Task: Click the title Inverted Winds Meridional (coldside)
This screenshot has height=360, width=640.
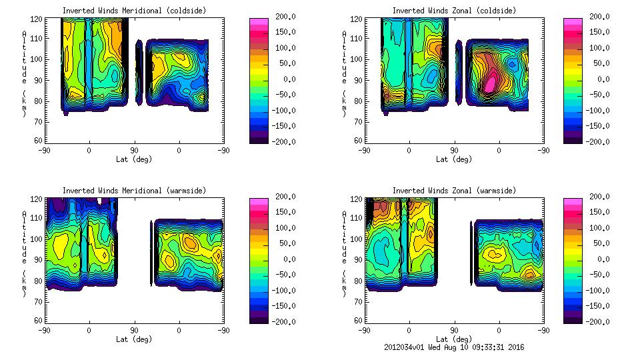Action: pyautogui.click(x=134, y=11)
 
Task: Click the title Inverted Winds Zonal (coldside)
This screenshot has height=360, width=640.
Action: pyautogui.click(x=454, y=11)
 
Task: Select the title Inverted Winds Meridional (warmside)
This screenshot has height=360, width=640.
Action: pyautogui.click(x=134, y=191)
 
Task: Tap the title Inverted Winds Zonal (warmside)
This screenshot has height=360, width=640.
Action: pyautogui.click(x=454, y=191)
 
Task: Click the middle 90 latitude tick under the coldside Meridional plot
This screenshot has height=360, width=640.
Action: pyautogui.click(x=134, y=151)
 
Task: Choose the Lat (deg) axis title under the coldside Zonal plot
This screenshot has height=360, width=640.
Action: pyautogui.click(x=454, y=159)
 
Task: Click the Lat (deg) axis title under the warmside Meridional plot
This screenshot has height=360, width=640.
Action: pyautogui.click(x=134, y=339)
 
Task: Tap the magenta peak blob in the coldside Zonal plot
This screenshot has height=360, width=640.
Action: pyautogui.click(x=491, y=83)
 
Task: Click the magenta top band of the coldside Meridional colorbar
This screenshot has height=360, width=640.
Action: pyautogui.click(x=258, y=22)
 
